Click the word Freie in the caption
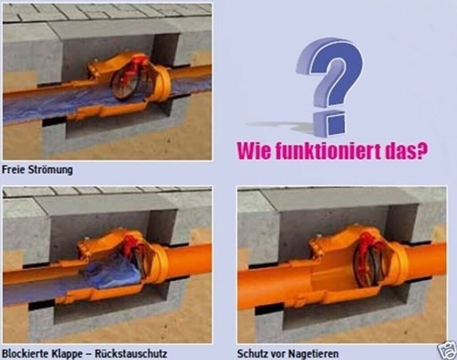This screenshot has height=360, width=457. point(13,170)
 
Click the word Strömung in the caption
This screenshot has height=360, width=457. point(50,170)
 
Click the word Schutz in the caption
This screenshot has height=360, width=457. point(253,354)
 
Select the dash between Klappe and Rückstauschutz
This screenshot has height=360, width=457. point(89,354)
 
